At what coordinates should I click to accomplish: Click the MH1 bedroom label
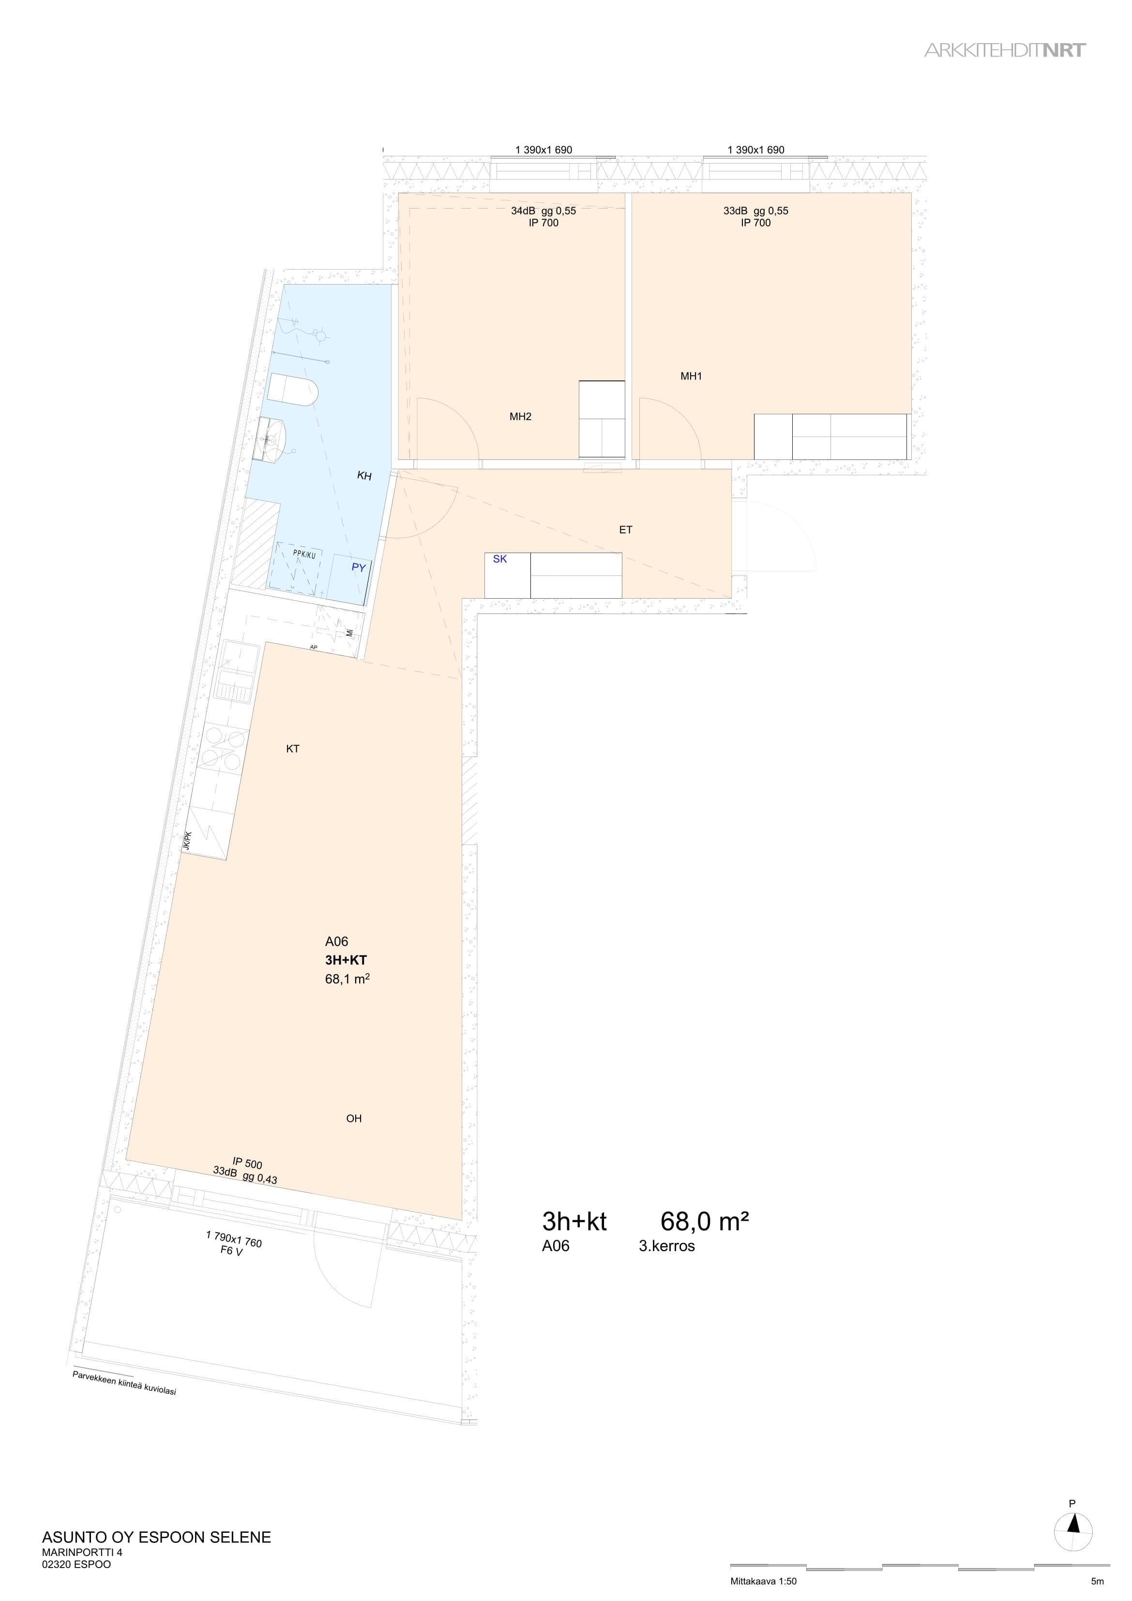point(691,377)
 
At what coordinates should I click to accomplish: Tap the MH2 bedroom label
point(520,417)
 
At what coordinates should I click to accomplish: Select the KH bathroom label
point(364,476)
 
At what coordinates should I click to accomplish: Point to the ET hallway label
point(626,530)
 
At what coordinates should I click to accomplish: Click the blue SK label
point(500,559)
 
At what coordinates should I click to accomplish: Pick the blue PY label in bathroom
point(359,568)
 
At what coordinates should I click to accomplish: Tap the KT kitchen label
point(293,749)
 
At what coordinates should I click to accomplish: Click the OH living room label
point(354,1118)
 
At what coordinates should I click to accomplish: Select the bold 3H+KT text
point(346,960)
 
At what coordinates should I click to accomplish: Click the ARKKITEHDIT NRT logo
point(1005,50)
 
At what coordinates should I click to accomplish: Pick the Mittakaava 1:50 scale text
point(763,1582)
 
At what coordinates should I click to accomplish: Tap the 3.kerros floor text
point(667,1246)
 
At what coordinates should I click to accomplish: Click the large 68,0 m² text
point(705,1221)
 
